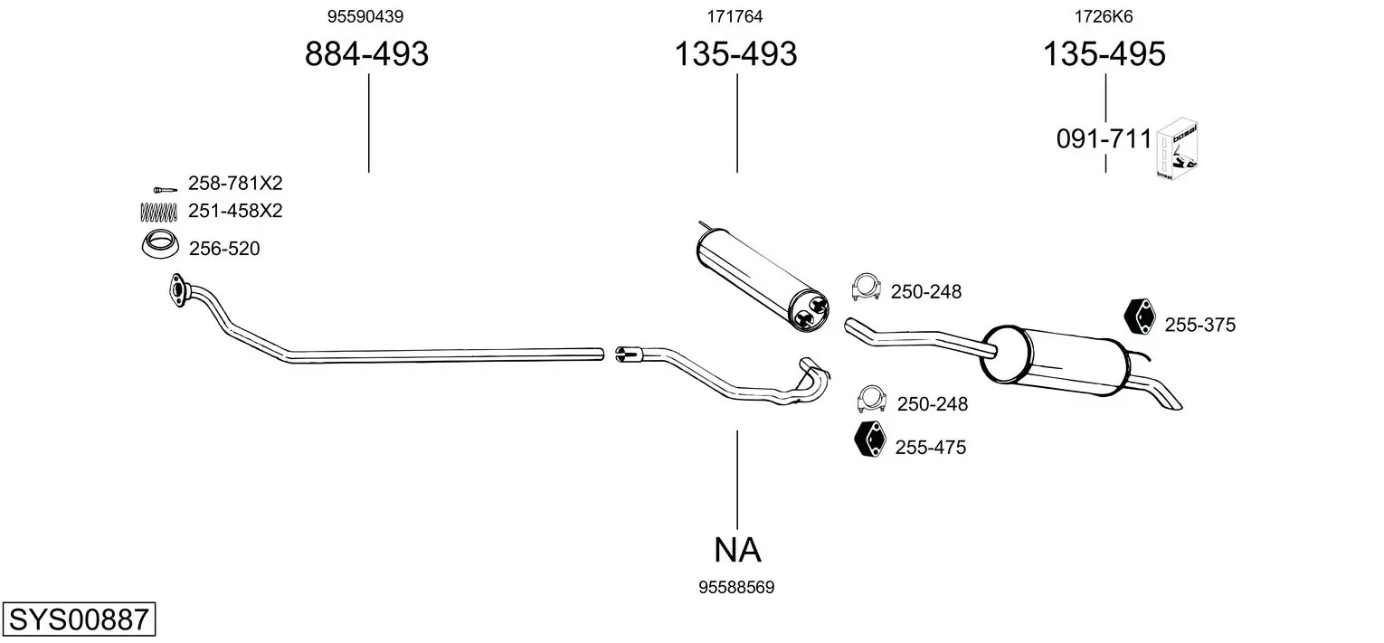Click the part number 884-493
coord(366,53)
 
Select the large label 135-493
coord(735,53)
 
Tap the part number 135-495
coord(1104,53)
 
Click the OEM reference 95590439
coord(365,16)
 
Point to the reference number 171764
coord(735,16)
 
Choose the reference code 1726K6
coord(1104,16)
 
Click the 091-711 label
coord(1104,139)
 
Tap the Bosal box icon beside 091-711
coord(1176,149)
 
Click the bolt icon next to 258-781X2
coord(165,190)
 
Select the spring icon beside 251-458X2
coord(159,212)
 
